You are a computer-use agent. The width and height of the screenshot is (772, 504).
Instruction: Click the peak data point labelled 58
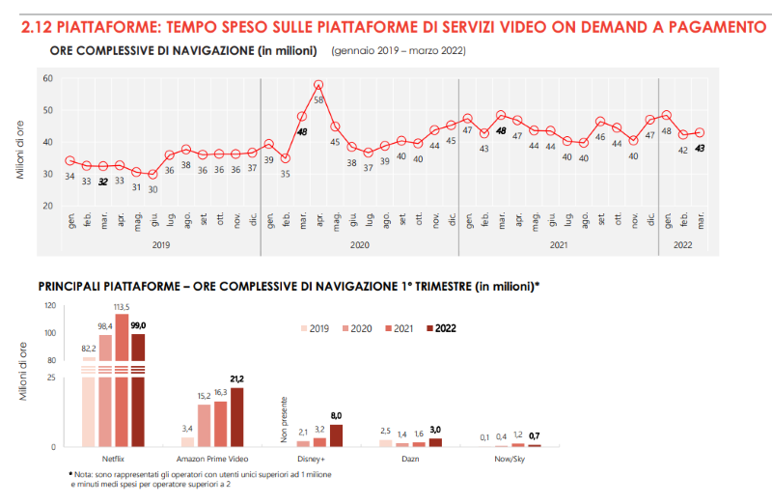(x=318, y=85)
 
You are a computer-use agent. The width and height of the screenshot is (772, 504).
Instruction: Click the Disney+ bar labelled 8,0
(x=336, y=435)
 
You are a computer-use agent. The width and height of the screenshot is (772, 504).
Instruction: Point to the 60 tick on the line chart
(x=47, y=78)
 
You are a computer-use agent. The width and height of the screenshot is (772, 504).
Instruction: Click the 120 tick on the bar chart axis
(x=50, y=306)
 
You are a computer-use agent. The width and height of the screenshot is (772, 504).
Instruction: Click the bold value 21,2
(x=236, y=379)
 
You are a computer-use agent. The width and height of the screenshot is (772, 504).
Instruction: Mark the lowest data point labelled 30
(x=152, y=174)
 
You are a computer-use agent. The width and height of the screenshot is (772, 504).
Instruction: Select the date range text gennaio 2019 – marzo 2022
(x=397, y=49)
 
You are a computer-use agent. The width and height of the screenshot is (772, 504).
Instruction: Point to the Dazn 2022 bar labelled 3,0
(x=435, y=442)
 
